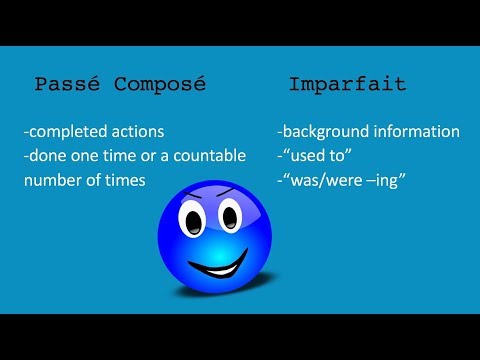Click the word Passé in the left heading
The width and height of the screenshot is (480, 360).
pyautogui.click(x=68, y=84)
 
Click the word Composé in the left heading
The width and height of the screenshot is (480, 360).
pyautogui.click(x=159, y=84)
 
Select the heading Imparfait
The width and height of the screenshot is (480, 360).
pyautogui.click(x=347, y=84)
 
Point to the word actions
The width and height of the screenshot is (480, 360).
pyautogui.click(x=143, y=132)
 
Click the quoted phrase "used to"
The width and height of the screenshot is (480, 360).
pyautogui.click(x=316, y=157)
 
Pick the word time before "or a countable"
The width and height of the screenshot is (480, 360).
pyautogui.click(x=117, y=157)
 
